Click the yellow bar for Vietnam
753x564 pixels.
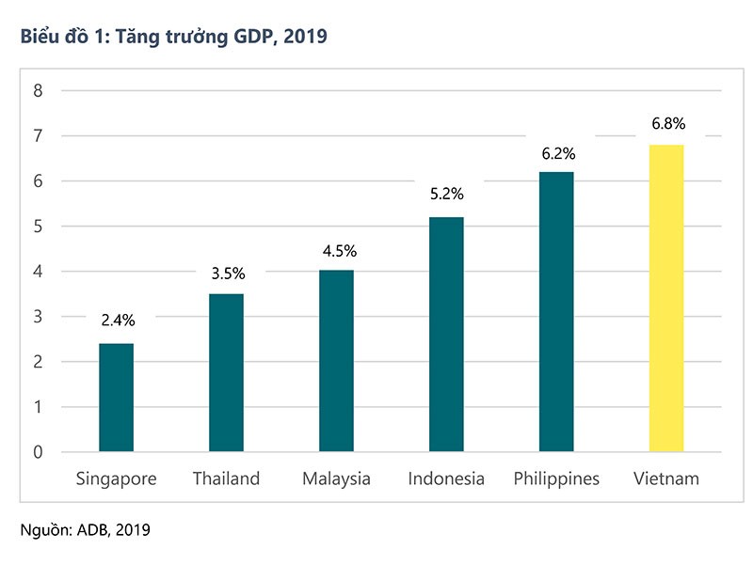click(x=666, y=298)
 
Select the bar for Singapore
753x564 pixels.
click(x=116, y=397)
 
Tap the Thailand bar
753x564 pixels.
click(x=226, y=372)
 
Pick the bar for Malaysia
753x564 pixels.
click(x=336, y=361)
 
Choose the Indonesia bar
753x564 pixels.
click(x=446, y=334)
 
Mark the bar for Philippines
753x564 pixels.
click(x=556, y=311)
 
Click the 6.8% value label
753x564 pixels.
click(x=666, y=123)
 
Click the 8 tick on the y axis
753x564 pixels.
click(x=39, y=91)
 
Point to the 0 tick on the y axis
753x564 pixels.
click(x=39, y=452)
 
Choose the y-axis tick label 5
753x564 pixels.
click(x=39, y=227)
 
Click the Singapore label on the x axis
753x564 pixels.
click(x=116, y=479)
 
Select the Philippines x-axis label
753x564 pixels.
click(x=556, y=479)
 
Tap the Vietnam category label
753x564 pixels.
click(x=666, y=479)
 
